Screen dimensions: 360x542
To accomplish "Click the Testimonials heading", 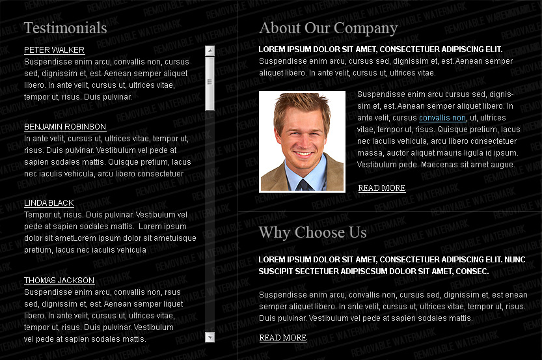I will pos(65,28).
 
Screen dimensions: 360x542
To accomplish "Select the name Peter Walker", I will pos(54,50).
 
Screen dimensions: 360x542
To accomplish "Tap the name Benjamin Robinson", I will pos(65,127).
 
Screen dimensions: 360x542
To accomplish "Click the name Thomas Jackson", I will pos(59,281).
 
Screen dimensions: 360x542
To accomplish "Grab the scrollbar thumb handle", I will pos(210,82).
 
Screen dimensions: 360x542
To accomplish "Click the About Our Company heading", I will pos(328,28).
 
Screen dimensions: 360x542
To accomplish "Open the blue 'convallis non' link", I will pos(442,118).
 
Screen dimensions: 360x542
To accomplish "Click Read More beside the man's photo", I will pos(382,188).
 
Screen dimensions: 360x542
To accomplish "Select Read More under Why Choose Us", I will pos(283,338).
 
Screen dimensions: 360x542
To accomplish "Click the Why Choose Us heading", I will pos(312,232).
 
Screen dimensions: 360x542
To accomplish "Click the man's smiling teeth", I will pos(303,154).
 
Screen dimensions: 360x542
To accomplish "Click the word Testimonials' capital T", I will pos(29,28).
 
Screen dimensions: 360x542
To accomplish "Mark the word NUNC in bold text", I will pos(516,259).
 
